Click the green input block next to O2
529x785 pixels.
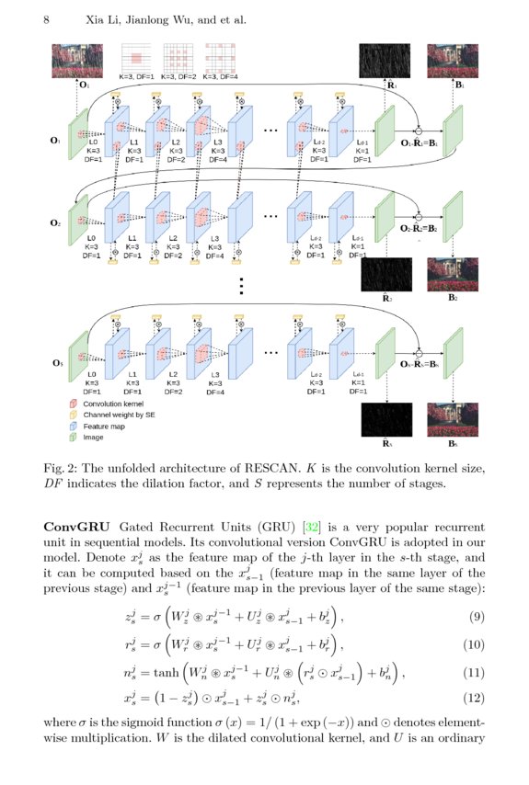coord(78,224)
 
